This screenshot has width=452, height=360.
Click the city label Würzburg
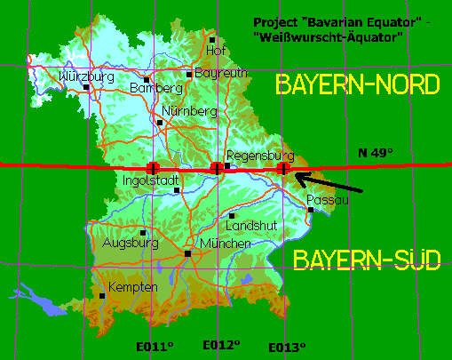(x=86, y=77)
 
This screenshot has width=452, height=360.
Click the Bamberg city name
(x=155, y=89)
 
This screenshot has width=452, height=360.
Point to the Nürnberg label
(x=190, y=112)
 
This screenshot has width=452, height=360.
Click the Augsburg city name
(x=131, y=242)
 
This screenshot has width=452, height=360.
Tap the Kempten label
(x=132, y=287)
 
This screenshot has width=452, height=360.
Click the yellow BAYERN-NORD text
(x=358, y=85)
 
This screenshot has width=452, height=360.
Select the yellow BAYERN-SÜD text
(x=367, y=260)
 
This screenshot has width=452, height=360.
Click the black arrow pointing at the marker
(x=334, y=183)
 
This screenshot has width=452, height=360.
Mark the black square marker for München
(x=188, y=253)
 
